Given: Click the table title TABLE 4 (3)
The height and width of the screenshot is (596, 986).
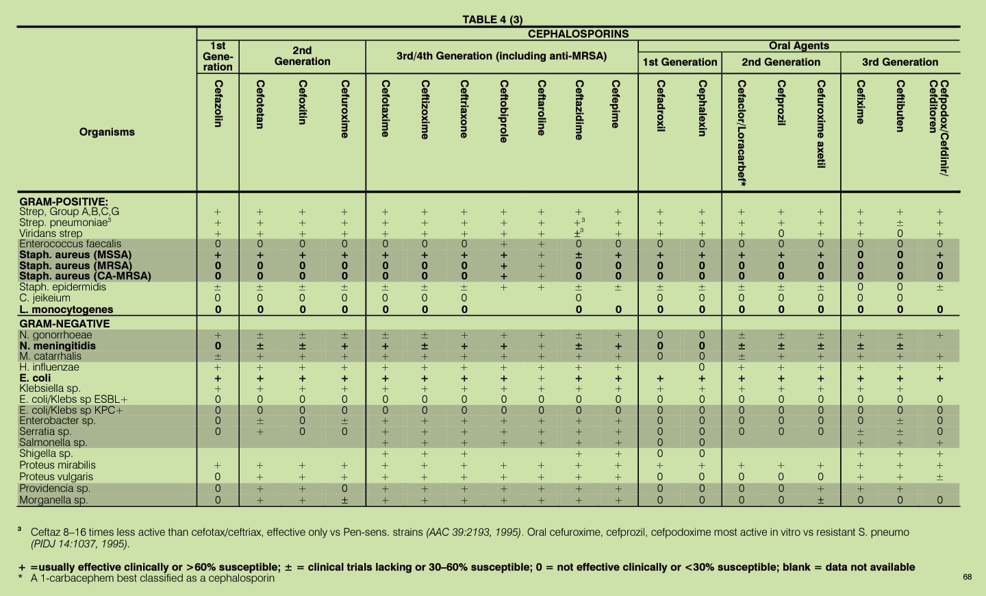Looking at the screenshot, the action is point(492,20).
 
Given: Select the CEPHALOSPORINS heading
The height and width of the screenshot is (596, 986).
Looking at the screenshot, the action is point(578,34).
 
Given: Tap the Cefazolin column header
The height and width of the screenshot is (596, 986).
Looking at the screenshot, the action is point(218,103).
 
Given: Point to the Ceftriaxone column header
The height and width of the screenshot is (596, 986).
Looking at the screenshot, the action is point(464,109).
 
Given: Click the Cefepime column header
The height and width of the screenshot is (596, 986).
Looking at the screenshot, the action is point(616,104).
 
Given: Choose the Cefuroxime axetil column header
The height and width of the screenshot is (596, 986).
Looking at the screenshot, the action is point(820,124).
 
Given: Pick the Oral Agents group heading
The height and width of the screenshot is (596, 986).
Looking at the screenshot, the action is point(798,46).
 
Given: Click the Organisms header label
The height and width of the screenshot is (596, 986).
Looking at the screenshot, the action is point(107,132).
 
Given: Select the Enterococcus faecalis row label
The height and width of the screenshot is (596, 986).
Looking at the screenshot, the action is point(70,244).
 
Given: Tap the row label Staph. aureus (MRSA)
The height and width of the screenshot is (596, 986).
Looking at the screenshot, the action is point(75,266).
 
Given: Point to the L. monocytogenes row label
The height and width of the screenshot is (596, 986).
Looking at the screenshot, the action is point(66,310).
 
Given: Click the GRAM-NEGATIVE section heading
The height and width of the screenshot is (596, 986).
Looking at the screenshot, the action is point(64,324).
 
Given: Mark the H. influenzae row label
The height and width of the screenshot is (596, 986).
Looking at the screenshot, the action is point(49,367).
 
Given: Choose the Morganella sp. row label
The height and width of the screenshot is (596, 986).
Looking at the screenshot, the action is point(53,500).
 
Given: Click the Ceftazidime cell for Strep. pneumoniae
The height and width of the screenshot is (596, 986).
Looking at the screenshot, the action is point(579,223).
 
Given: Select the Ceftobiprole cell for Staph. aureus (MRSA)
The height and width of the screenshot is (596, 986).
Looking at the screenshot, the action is point(504,266).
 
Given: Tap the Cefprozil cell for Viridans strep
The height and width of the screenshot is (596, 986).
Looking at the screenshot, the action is point(781,234).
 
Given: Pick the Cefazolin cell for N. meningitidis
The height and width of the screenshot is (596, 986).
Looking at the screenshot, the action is point(218,346).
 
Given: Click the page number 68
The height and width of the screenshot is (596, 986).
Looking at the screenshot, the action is point(967,577).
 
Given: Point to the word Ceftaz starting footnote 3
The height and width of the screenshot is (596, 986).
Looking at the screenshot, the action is point(45,532).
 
